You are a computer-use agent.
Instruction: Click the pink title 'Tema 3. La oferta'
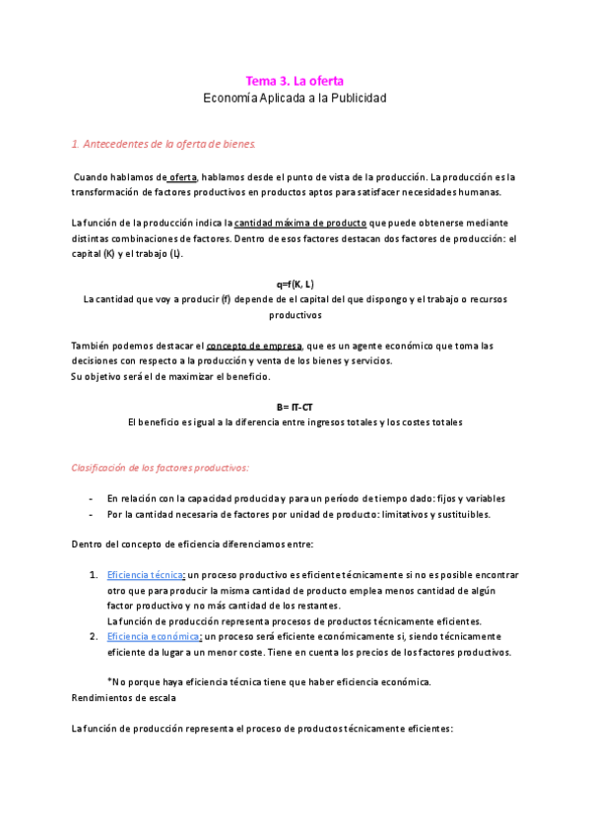click(295, 81)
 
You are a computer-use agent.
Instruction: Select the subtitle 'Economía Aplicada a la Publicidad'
click(295, 98)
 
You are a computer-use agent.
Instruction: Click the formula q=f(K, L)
click(295, 284)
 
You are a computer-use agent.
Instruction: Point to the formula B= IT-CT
click(295, 407)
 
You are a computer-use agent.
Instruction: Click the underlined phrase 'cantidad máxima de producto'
click(300, 222)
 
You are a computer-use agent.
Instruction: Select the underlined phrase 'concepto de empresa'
click(254, 346)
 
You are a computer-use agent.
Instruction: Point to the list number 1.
click(93, 574)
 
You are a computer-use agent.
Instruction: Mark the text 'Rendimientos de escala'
click(124, 698)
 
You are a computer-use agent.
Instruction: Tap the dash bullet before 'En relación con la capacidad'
click(91, 498)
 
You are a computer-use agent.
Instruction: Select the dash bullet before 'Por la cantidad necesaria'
click(91, 514)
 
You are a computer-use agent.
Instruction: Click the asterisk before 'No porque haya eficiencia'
click(109, 682)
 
